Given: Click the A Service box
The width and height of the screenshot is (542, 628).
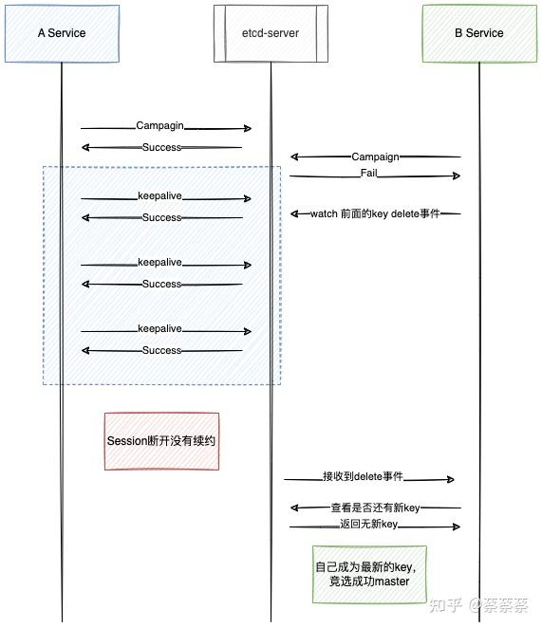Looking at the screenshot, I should (62, 33).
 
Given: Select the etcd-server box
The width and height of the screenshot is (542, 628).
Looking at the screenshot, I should (271, 33).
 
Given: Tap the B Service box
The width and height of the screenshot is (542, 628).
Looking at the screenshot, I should (478, 33).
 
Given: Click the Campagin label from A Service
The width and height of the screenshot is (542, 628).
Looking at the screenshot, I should (159, 125).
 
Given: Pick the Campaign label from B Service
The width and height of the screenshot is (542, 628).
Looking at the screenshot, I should (375, 157).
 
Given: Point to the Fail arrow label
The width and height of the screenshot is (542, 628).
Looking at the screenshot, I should (371, 174).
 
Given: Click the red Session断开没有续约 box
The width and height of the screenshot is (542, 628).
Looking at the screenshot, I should (161, 441).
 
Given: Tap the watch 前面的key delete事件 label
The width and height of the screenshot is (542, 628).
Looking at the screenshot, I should (376, 213).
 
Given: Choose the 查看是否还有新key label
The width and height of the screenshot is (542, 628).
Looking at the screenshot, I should (375, 508).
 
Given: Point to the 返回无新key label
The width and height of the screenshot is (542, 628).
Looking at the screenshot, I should (368, 525).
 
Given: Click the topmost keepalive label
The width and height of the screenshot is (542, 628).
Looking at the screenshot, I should (159, 196).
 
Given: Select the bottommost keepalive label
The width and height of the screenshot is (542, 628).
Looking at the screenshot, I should (159, 329).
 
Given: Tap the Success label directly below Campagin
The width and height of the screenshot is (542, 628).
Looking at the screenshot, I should (161, 147).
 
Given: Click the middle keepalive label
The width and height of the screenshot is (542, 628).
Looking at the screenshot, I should (159, 263).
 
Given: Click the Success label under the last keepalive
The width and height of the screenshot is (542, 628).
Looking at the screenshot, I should (161, 350).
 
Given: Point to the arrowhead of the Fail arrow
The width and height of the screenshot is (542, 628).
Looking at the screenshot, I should (457, 175).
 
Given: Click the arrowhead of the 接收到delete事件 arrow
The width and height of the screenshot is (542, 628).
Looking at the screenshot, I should (451, 479).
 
